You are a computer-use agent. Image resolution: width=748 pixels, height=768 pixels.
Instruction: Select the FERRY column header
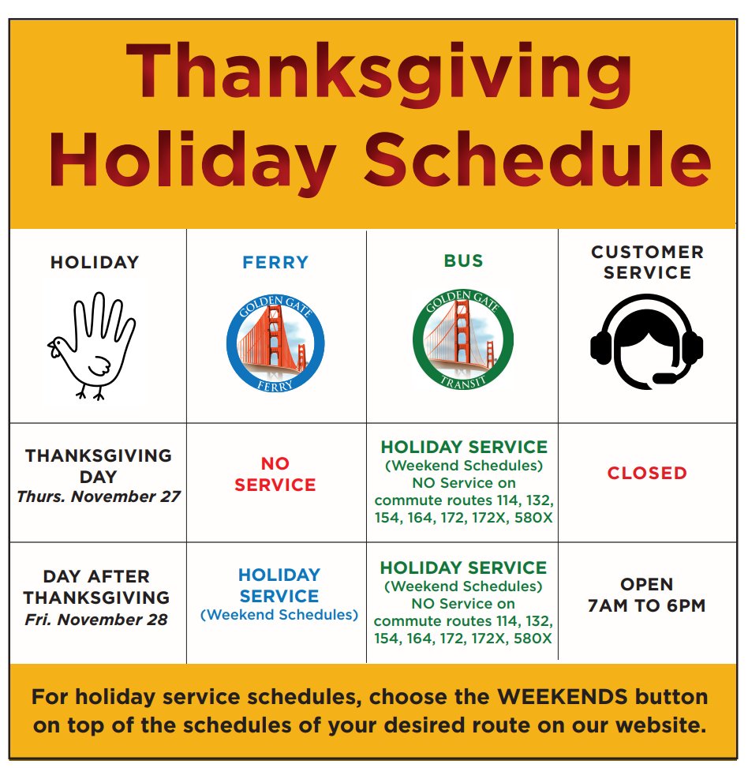(275, 262)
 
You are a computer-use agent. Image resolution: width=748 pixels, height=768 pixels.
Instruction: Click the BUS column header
(463, 261)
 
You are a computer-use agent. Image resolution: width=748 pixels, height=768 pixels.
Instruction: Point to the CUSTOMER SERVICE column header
(647, 262)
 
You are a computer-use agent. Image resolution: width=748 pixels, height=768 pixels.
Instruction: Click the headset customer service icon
(647, 339)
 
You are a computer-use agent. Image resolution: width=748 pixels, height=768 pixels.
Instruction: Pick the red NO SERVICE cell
(275, 474)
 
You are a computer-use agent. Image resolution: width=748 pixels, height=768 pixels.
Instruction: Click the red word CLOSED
(647, 473)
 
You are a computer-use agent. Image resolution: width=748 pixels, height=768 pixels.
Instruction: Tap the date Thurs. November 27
(99, 497)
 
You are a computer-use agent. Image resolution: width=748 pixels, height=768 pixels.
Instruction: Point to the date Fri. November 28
(96, 620)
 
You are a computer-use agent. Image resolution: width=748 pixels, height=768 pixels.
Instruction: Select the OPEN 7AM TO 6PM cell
(647, 595)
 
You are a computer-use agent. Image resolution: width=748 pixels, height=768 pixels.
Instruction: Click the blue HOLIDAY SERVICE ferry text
(279, 585)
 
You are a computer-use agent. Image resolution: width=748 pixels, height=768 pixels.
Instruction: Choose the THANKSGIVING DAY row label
(98, 466)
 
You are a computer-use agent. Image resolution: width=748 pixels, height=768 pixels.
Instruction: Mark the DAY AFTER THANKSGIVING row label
(96, 586)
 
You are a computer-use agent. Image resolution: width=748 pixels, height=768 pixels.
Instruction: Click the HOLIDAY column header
(95, 263)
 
